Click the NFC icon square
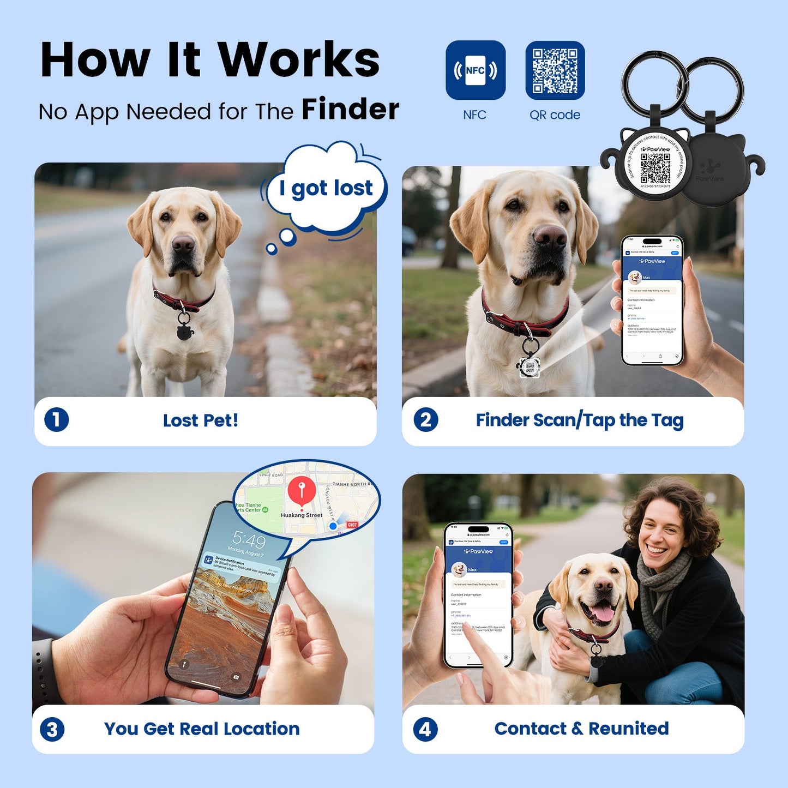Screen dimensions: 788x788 [475, 70]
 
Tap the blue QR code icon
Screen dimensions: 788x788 [555, 70]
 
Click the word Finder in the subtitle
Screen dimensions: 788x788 [350, 109]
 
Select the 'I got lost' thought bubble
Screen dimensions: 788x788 [326, 188]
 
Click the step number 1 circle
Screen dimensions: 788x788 [57, 420]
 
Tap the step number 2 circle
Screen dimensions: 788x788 [425, 420]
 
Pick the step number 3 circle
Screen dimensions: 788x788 [52, 729]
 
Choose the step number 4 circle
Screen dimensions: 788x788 [425, 729]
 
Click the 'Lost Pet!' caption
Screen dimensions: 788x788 [201, 420]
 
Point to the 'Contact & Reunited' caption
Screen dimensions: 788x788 [581, 729]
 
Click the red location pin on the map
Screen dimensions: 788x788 [302, 489]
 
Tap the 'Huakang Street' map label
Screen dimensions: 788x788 [302, 515]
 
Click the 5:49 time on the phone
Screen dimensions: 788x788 [249, 540]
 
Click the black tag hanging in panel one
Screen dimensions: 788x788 [184, 329]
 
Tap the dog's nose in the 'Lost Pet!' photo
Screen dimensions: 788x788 [183, 244]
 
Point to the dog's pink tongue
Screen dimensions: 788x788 [603, 613]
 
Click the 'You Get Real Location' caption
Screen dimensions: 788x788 [202, 729]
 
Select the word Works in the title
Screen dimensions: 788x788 [299, 60]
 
